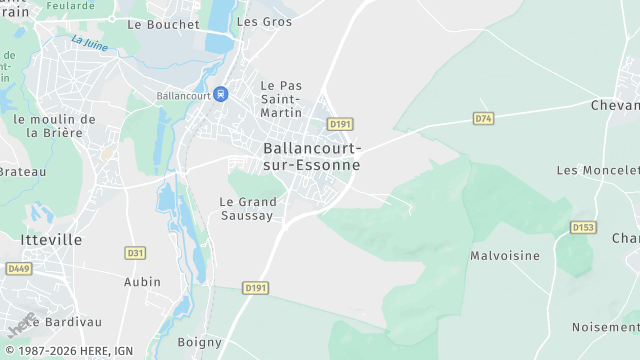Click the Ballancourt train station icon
(221, 94)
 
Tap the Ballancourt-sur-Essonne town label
(311, 156)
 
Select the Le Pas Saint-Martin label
(281, 99)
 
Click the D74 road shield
(484, 118)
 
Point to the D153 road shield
(583, 227)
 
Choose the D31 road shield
(135, 253)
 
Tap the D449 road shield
(19, 268)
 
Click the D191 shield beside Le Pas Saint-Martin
(340, 124)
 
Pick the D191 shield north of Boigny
(256, 288)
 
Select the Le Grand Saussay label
(246, 208)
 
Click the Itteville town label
(51, 240)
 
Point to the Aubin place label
(142, 282)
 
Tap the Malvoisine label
(505, 256)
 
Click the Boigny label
(199, 342)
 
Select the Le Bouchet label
(165, 23)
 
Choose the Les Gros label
(265, 21)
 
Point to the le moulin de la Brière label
(54, 125)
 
